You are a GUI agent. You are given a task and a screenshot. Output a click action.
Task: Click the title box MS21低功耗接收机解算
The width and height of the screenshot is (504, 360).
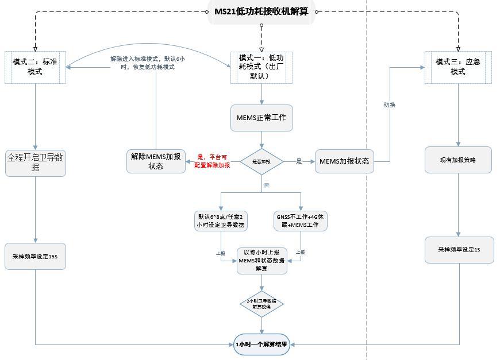pos(261,12)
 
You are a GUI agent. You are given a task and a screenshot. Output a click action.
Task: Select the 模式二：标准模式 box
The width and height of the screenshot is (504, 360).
pos(35,67)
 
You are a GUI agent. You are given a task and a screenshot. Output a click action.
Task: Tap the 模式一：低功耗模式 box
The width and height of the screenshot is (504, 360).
pos(261,67)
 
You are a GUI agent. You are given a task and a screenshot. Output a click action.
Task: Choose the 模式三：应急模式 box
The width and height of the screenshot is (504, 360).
pos(458,67)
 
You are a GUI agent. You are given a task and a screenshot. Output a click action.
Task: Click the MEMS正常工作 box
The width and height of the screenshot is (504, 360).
pos(261,117)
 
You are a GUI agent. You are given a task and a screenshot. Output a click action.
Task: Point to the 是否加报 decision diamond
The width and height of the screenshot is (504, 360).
pos(261,162)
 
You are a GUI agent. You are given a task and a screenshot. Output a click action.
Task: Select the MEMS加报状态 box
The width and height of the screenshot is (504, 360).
pos(344,161)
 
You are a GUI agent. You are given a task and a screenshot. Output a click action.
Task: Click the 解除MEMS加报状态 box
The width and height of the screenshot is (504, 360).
pos(156,161)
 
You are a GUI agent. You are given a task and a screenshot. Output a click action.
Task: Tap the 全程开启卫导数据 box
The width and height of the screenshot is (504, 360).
pos(35,162)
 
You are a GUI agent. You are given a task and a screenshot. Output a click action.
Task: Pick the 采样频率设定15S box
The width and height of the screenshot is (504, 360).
pos(35,256)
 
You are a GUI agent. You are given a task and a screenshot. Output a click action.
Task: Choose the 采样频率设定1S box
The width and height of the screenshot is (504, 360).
pos(459,250)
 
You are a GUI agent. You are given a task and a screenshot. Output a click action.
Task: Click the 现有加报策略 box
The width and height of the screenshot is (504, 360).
pos(458,160)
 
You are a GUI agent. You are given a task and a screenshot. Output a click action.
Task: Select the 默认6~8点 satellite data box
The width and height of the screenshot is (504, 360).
pos(221,221)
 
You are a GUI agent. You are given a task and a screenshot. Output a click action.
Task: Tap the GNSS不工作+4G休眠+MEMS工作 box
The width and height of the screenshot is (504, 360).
pos(301,221)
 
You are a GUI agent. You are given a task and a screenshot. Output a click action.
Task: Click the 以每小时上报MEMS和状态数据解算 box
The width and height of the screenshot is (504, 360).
pos(261,260)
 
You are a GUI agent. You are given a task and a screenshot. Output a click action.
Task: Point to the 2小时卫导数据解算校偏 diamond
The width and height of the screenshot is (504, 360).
pos(261,304)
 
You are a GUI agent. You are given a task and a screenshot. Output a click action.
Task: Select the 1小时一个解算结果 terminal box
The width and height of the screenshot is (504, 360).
pos(261,344)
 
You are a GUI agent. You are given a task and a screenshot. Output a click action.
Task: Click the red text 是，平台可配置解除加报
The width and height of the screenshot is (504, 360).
pos(212,161)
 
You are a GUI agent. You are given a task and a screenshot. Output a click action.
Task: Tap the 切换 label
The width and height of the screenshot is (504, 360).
pos(389,105)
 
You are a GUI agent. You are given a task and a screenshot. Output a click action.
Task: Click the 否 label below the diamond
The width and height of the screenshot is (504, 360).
pos(266,185)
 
